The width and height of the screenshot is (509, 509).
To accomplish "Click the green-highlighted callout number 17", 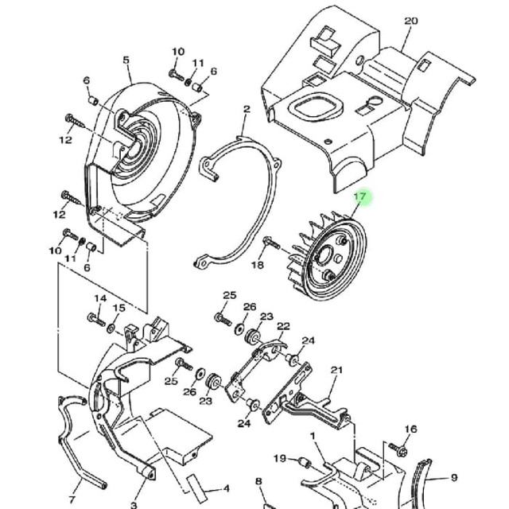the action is pos(359,196).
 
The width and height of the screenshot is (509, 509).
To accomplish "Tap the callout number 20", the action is pos(410,21).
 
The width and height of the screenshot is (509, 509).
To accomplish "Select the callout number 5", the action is pos(126,60).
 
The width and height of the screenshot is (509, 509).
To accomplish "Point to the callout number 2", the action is pos(247,109).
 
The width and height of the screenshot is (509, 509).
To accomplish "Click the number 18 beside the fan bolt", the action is pos(258,265).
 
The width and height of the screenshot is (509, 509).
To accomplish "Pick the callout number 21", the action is pos(336,370).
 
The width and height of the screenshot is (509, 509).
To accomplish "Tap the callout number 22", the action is pos(283,326).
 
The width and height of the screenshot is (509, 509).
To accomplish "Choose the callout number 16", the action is pos(410,429).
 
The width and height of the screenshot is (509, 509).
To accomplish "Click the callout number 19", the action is pos(280,458).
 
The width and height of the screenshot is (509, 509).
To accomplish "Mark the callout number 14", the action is pos(100,298).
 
